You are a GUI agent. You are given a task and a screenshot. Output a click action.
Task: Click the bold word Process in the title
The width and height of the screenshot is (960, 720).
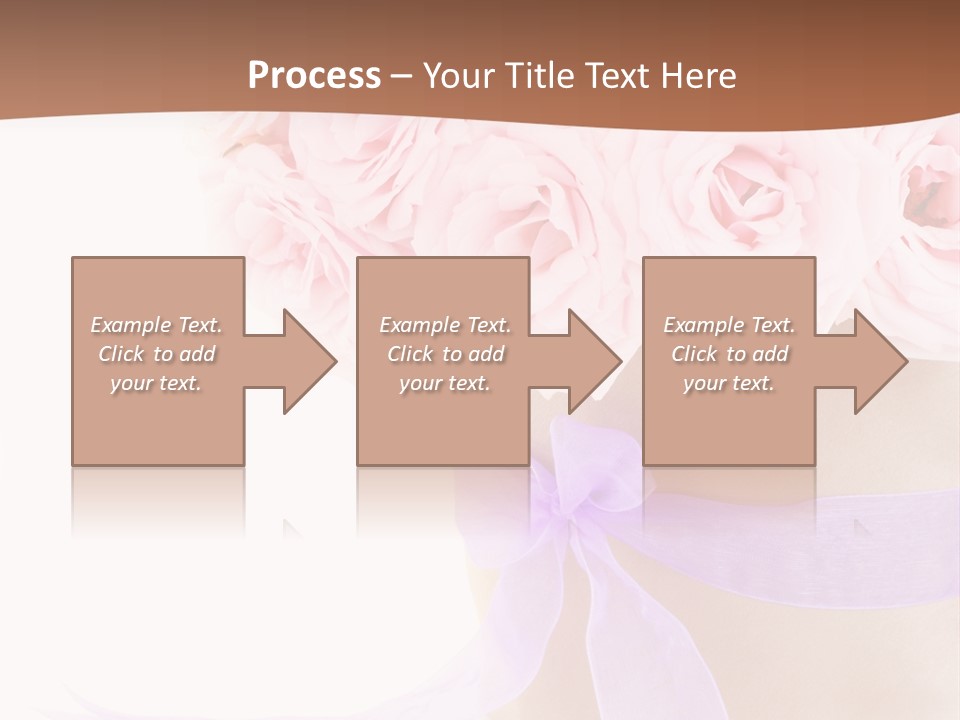pyautogui.click(x=314, y=76)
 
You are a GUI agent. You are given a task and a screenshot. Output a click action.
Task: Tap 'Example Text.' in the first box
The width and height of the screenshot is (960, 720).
pyautogui.click(x=156, y=325)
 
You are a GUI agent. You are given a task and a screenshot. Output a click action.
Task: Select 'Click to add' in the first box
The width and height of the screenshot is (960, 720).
pyautogui.click(x=156, y=354)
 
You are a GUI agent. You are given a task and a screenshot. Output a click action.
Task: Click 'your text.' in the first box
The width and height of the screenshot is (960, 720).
pyautogui.click(x=156, y=383)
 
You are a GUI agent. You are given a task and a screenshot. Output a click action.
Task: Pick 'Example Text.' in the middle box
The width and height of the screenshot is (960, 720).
pyautogui.click(x=445, y=325)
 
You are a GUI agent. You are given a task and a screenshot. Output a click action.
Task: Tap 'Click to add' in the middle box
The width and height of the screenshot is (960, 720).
pyautogui.click(x=445, y=354)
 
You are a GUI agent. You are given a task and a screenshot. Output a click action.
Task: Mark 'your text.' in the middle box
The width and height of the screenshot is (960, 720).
pyautogui.click(x=445, y=383)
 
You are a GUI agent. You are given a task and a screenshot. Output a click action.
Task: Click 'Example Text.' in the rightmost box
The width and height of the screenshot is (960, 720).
pyautogui.click(x=729, y=325)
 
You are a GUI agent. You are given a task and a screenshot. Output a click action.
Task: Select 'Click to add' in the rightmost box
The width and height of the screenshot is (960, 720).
pyautogui.click(x=729, y=354)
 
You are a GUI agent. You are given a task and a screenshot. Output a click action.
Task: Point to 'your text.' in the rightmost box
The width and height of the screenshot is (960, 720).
pyautogui.click(x=729, y=383)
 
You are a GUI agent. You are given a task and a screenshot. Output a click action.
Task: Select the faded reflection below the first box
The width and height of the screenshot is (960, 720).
pyautogui.click(x=158, y=500)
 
